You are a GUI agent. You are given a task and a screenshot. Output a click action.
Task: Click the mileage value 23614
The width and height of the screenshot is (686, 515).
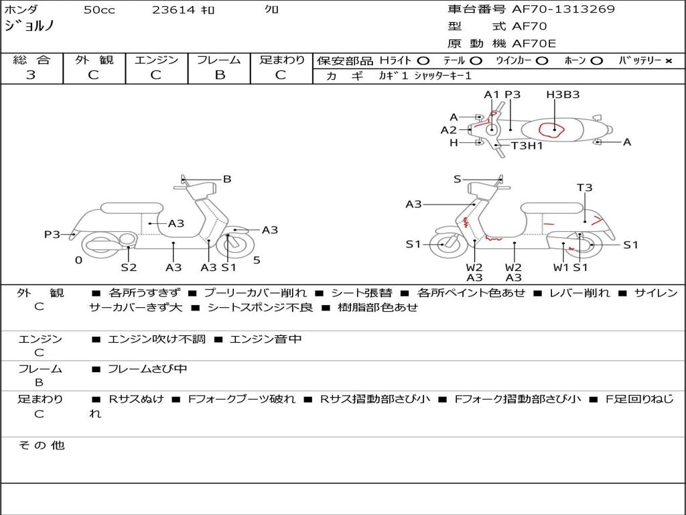click(x=174, y=10)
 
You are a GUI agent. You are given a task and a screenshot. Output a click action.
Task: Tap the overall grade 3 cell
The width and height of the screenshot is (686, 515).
click(x=31, y=75)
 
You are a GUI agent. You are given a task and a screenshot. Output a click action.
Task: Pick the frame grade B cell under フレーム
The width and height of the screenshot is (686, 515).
click(x=219, y=75)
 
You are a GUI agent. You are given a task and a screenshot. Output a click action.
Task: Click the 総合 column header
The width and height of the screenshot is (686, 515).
click(x=31, y=60)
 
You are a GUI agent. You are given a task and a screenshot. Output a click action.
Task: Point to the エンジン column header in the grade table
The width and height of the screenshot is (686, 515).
click(x=156, y=60)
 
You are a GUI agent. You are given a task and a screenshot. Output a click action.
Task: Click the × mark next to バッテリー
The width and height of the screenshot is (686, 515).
click(x=668, y=61)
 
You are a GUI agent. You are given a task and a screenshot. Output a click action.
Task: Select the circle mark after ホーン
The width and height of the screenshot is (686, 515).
click(x=596, y=61)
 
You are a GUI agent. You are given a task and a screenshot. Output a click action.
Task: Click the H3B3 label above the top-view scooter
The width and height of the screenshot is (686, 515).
click(x=563, y=95)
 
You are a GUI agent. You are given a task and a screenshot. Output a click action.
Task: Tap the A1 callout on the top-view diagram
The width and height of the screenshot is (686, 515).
click(x=492, y=95)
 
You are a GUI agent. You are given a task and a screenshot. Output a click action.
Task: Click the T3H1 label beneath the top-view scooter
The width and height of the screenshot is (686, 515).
click(x=527, y=146)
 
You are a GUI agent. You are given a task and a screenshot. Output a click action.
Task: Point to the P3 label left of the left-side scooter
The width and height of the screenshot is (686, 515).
click(x=52, y=235)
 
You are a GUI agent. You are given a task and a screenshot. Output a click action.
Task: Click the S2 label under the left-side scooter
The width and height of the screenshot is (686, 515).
click(x=129, y=268)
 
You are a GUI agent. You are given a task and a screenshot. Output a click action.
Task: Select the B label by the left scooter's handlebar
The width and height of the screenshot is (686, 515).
click(x=227, y=179)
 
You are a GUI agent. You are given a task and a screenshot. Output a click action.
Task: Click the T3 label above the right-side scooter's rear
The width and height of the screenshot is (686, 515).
click(x=585, y=188)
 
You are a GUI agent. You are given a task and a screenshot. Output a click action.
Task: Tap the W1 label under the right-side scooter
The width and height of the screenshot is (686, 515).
click(x=561, y=268)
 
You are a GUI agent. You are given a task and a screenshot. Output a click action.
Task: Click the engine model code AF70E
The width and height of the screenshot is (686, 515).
click(x=534, y=44)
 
